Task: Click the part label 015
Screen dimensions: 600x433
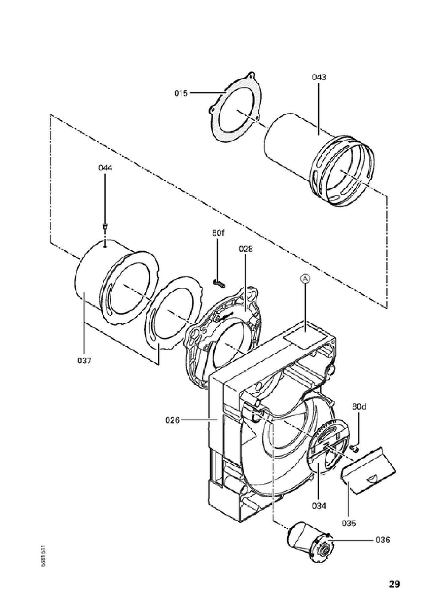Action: click(181, 93)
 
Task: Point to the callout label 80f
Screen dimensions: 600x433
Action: click(218, 233)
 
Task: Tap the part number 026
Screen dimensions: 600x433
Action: click(172, 420)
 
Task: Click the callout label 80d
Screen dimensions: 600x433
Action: click(359, 407)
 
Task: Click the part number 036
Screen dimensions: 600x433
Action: click(383, 540)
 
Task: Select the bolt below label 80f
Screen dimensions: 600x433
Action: click(218, 283)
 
